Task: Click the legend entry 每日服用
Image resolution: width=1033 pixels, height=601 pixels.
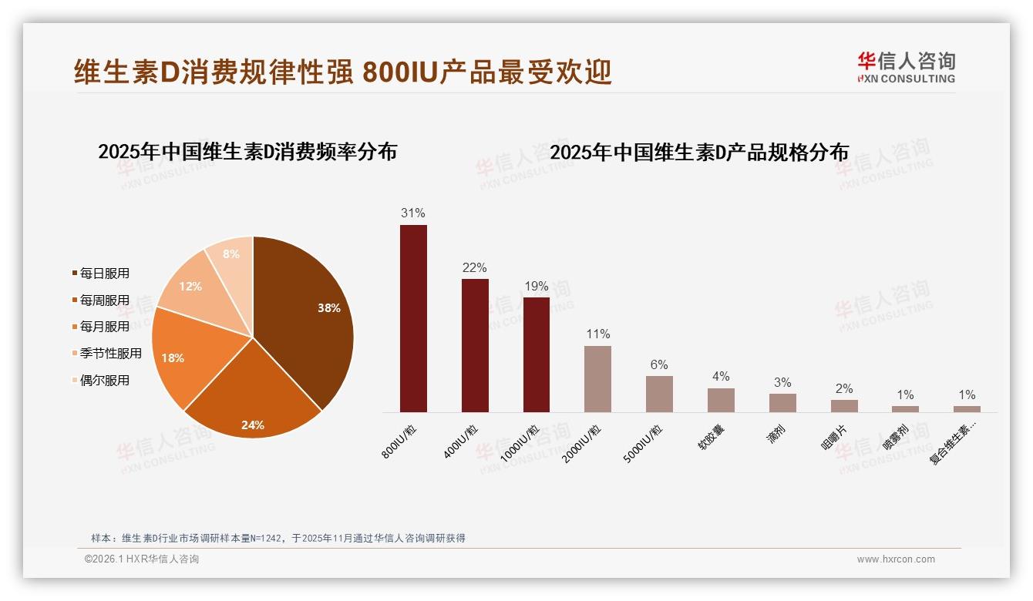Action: (104, 274)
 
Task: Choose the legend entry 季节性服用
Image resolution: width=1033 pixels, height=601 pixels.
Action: (110, 354)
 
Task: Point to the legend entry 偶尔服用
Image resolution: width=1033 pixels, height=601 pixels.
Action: (104, 381)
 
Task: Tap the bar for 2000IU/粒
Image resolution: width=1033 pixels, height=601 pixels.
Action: (597, 378)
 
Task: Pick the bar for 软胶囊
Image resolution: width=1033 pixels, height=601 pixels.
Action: (721, 400)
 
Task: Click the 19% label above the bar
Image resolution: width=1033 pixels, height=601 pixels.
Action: (536, 286)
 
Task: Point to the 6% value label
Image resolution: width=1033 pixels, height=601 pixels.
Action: (659, 364)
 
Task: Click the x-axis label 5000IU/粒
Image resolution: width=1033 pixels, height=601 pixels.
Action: (643, 444)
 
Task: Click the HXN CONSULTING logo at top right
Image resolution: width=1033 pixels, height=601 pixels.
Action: (906, 68)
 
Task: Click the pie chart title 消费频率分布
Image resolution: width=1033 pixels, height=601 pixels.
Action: (247, 152)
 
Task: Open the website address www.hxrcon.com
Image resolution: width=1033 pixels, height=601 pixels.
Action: (896, 559)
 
